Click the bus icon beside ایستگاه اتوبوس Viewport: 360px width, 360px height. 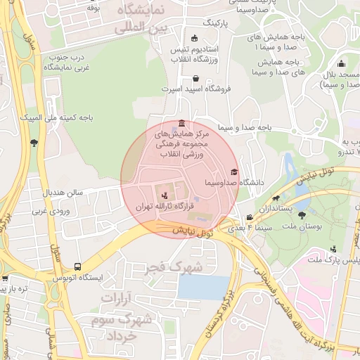click(77, 267)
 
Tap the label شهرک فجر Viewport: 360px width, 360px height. click(174, 267)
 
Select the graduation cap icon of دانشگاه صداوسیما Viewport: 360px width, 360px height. click(233, 172)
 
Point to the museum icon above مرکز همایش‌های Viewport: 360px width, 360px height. click(183, 123)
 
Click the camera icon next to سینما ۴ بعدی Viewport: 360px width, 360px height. click(250, 218)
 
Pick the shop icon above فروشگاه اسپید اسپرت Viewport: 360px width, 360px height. click(195, 78)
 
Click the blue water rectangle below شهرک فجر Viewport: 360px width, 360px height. click(203, 287)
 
